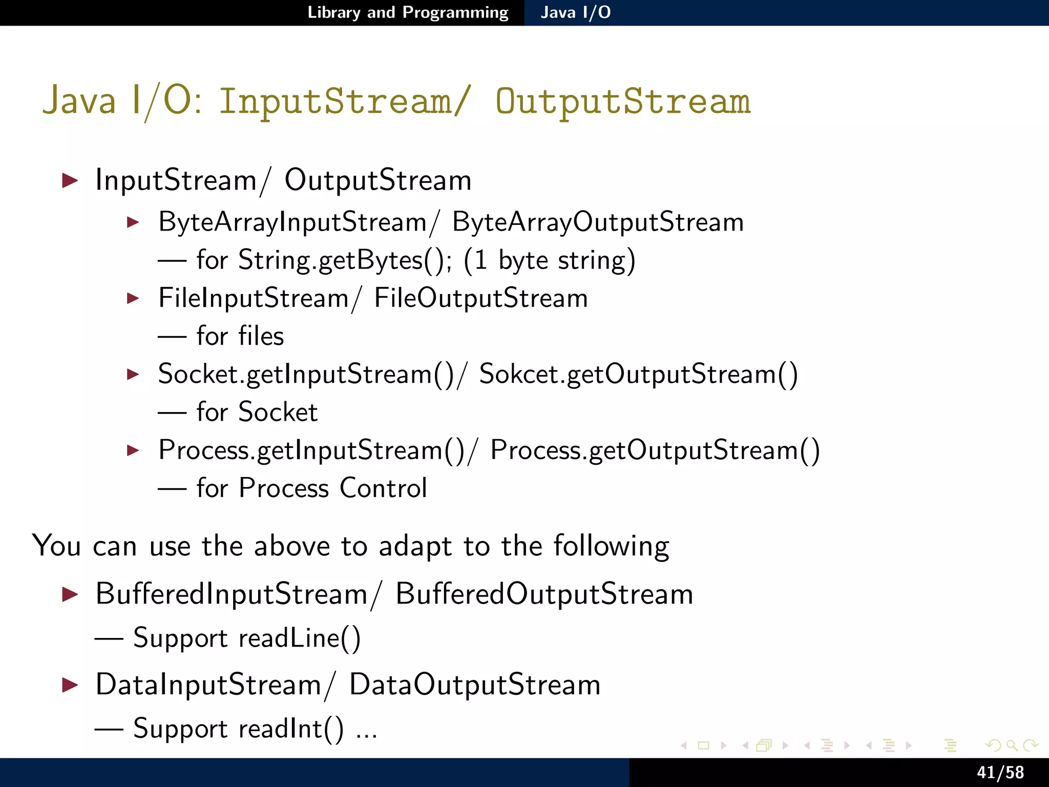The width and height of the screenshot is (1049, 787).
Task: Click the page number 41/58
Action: click(x=1000, y=772)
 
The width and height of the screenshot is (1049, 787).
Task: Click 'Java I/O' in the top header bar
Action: click(x=575, y=12)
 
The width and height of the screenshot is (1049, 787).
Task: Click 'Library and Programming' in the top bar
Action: click(x=408, y=12)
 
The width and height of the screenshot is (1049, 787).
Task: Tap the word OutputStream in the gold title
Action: click(x=622, y=101)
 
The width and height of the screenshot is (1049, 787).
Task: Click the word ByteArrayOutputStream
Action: click(x=597, y=222)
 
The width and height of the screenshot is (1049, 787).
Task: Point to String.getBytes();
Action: click(x=345, y=260)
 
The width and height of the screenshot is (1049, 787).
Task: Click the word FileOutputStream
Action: click(x=480, y=298)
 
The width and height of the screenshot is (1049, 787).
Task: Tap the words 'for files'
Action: click(x=240, y=337)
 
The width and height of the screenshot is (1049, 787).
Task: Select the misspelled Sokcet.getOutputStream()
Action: click(x=638, y=374)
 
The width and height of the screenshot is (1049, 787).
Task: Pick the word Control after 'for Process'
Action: click(x=383, y=488)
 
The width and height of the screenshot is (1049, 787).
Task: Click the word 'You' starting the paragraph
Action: click(x=56, y=546)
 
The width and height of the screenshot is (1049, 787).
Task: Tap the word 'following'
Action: click(x=611, y=547)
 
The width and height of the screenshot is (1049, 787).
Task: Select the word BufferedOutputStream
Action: click(x=544, y=594)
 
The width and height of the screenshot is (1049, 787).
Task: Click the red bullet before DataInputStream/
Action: click(x=70, y=685)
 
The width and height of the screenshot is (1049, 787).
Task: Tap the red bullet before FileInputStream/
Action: click(x=133, y=298)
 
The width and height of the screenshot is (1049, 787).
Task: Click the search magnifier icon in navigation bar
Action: click(x=1012, y=745)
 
